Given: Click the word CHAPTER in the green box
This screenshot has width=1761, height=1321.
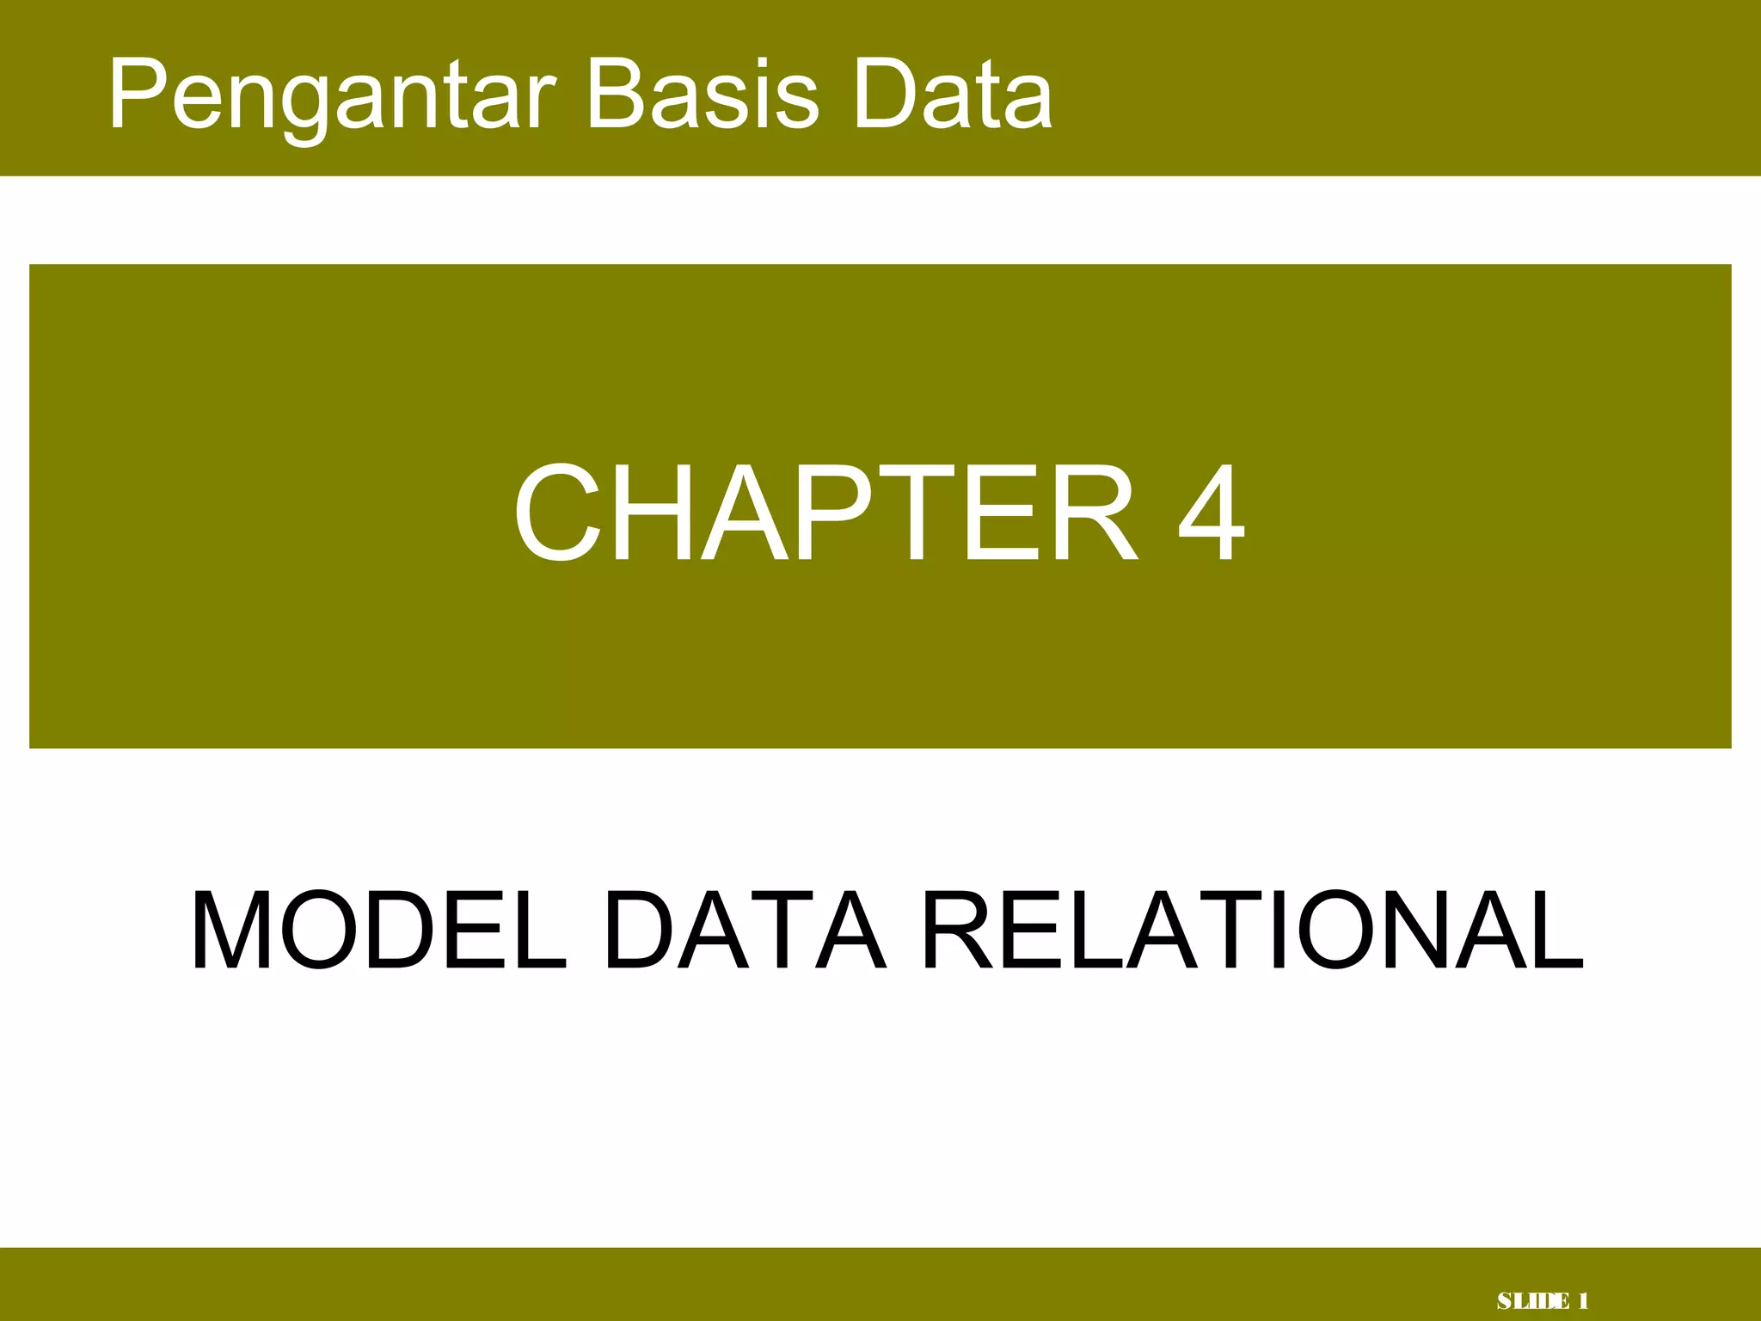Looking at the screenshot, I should tap(825, 513).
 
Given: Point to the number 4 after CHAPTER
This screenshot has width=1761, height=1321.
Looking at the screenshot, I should tap(1211, 513).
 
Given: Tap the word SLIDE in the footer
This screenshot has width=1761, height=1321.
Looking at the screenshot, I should tap(1532, 1301).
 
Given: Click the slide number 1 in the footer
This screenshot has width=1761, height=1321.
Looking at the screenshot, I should tap(1582, 1301).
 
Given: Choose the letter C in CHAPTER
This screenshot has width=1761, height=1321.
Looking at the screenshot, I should tap(557, 513).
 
